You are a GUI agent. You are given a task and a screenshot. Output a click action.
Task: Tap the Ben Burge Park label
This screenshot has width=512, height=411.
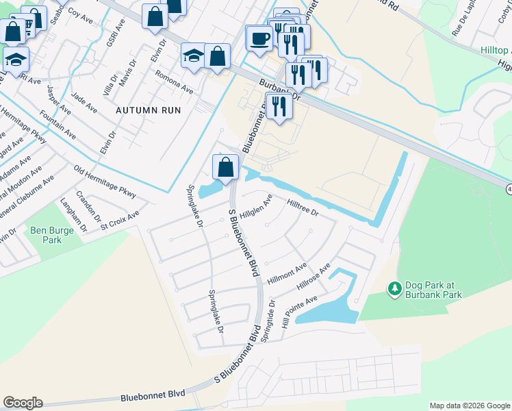pyautogui.click(x=51, y=236)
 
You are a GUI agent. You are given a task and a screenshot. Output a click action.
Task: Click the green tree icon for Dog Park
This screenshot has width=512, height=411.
pyautogui.click(x=394, y=289)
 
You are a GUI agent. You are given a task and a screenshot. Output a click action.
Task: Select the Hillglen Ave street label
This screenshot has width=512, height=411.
pyautogui.click(x=256, y=208)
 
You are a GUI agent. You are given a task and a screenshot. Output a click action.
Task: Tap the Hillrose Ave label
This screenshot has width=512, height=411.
pyautogui.click(x=313, y=277)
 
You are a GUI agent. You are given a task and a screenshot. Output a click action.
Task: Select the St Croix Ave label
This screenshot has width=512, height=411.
pyautogui.click(x=120, y=220)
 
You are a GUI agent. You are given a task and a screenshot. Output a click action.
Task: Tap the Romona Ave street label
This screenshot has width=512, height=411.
pyautogui.click(x=174, y=81)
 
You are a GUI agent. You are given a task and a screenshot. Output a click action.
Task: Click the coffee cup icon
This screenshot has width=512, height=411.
pyautogui.click(x=259, y=37)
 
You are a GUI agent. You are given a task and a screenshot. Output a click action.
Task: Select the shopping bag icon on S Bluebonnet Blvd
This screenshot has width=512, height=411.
pyautogui.click(x=225, y=166)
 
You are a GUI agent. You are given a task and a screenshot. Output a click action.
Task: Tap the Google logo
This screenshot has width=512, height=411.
pyautogui.click(x=23, y=402)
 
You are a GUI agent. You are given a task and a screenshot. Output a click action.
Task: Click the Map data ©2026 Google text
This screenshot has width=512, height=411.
pyautogui.click(x=469, y=406)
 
